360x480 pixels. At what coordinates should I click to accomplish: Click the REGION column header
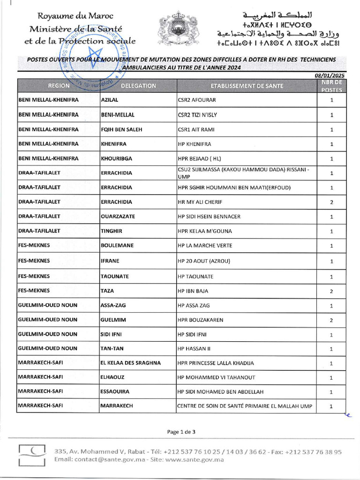point(58,86)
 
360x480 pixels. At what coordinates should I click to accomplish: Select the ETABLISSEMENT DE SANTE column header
point(247,86)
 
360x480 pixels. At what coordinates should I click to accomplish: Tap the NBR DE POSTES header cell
point(331,86)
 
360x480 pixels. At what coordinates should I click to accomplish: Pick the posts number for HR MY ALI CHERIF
point(331,202)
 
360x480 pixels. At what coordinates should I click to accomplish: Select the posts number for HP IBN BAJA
point(331,291)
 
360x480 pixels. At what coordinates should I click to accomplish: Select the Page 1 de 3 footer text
point(180,432)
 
